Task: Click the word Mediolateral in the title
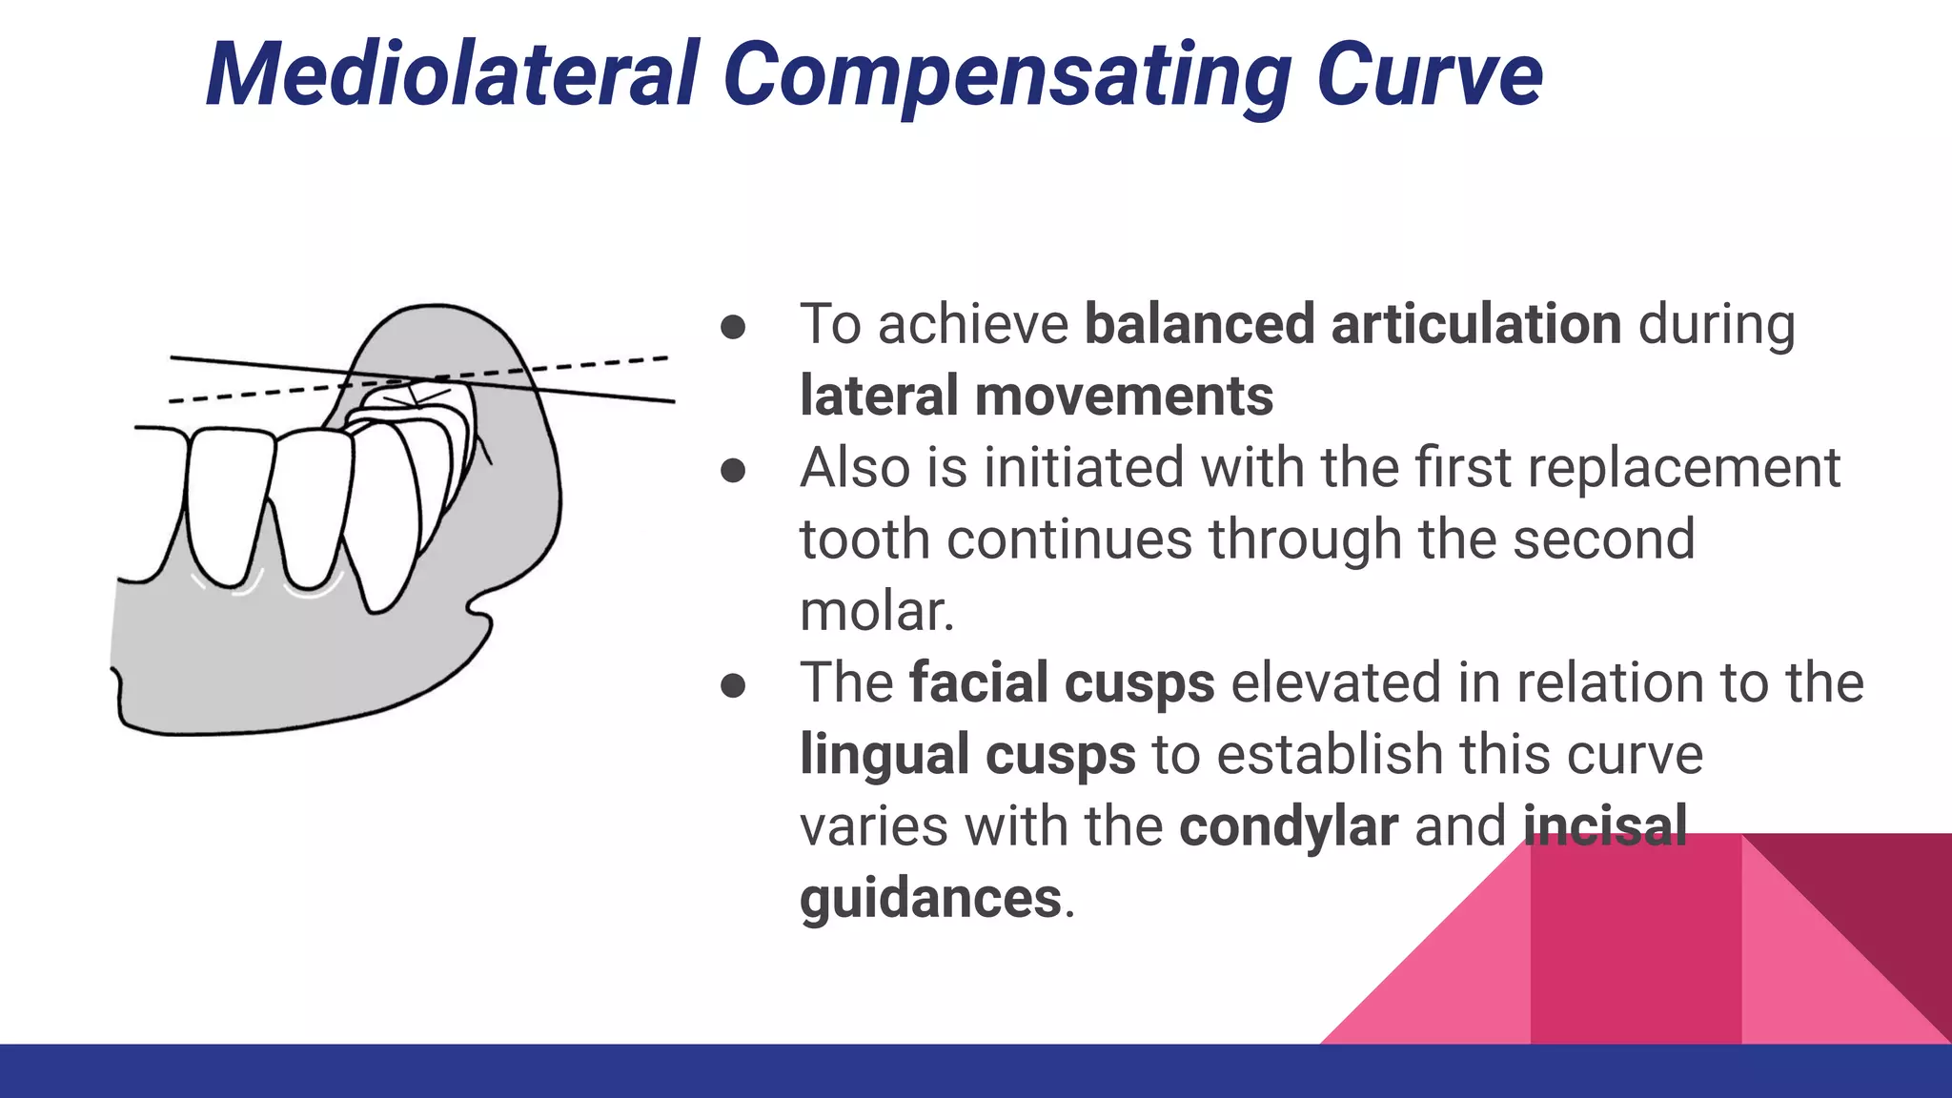coord(454,74)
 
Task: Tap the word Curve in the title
coord(1429,74)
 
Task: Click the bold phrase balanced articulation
coord(1352,324)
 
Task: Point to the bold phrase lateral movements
coord(1036,396)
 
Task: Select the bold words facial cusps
coord(1062,682)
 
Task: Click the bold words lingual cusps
coord(967,754)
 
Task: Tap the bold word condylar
coord(1288,825)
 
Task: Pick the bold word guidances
coord(930,898)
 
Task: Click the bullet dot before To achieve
coord(733,327)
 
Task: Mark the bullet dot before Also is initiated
coord(733,470)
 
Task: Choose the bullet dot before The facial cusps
coord(733,685)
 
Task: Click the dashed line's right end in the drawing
coord(665,358)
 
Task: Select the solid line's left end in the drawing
coord(173,358)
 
